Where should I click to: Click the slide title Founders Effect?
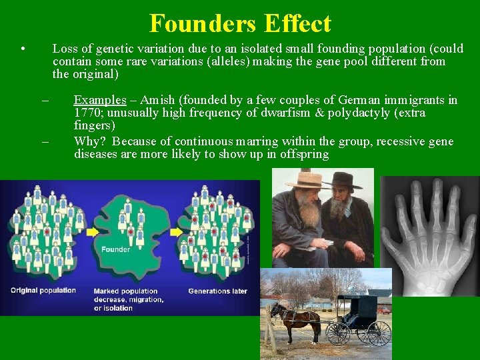[x=240, y=23]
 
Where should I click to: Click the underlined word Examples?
[x=100, y=100]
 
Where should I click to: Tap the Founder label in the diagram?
[x=115, y=250]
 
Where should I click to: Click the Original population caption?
[x=43, y=291]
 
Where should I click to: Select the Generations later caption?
[x=218, y=291]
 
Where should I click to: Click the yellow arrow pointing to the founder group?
[x=91, y=232]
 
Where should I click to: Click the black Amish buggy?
[x=360, y=317]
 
